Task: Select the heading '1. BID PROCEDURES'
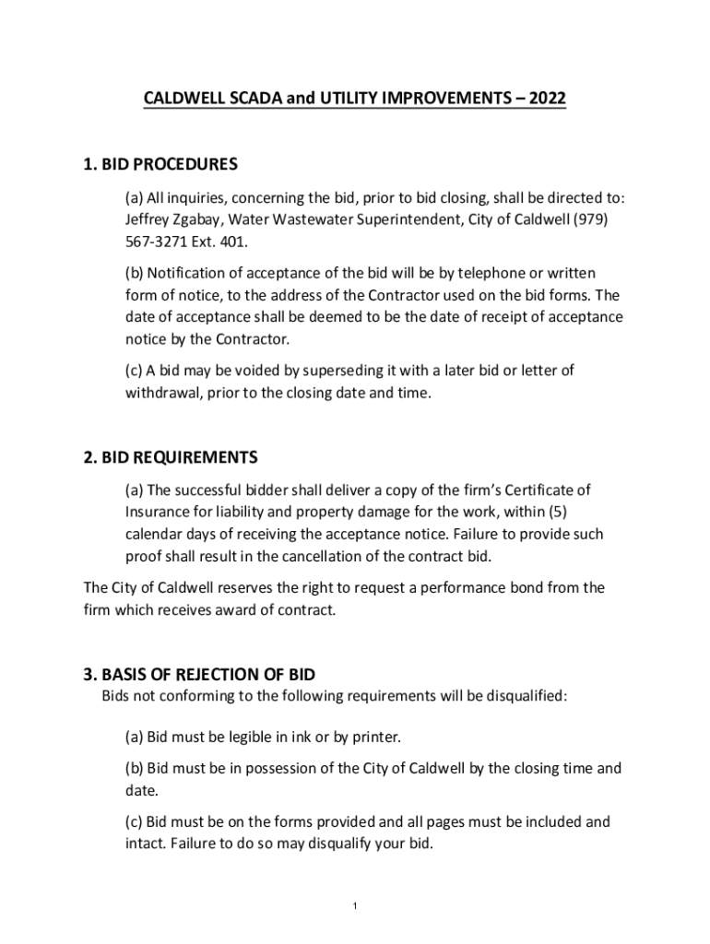pos(160,165)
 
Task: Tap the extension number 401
pos(234,242)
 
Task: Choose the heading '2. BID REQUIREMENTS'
pos(171,458)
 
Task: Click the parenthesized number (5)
pos(569,512)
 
